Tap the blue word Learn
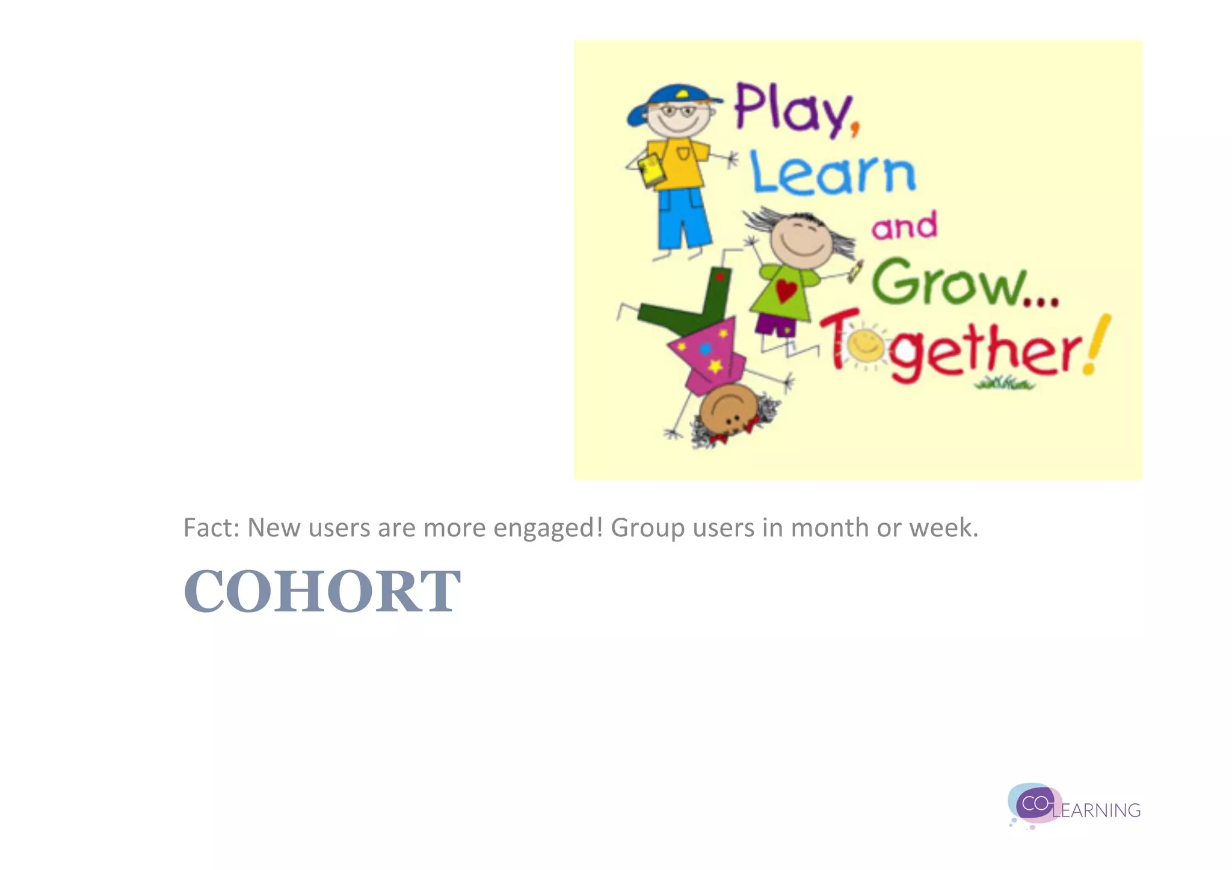pos(833,174)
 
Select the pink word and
pos(904,226)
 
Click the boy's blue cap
pos(668,102)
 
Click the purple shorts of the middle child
pos(775,325)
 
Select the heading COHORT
pos(322,592)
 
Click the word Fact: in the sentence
pos(211,528)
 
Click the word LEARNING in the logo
pos(1097,810)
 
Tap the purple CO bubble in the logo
pos(1035,803)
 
